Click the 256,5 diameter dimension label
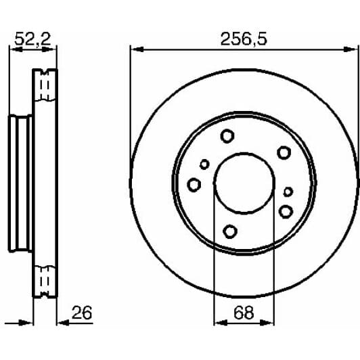[244, 39]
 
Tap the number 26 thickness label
[81, 313]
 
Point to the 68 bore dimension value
[244, 314]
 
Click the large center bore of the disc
[244, 183]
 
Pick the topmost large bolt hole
[227, 136]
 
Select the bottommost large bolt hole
[230, 231]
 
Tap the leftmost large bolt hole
[194, 184]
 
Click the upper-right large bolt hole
[284, 152]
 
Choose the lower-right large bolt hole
[286, 212]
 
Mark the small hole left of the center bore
[204, 164]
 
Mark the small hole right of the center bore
[288, 192]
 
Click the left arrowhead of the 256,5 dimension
[134, 49]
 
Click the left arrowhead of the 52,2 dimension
[12, 49]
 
